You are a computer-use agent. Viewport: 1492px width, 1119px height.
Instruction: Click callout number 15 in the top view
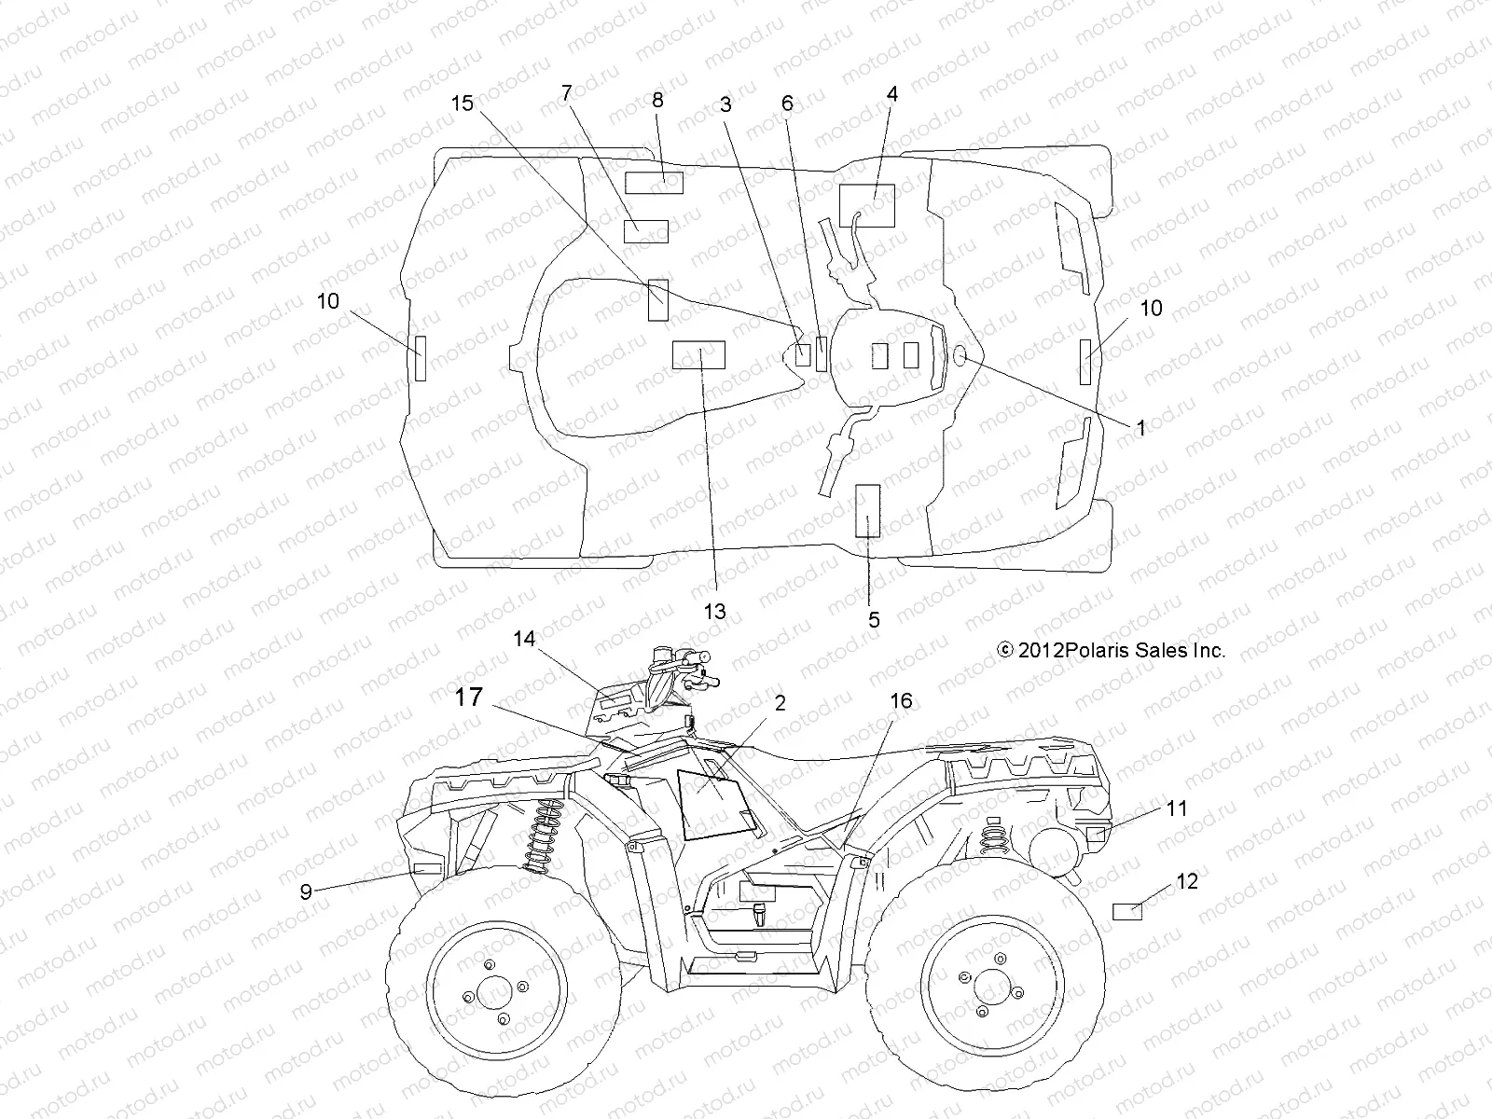click(463, 104)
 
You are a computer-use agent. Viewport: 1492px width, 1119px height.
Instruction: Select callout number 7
click(566, 92)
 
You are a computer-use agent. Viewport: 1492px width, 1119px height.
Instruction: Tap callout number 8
click(657, 100)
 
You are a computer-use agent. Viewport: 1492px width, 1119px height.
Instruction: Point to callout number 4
click(892, 94)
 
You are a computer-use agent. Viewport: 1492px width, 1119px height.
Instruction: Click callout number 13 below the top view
click(714, 612)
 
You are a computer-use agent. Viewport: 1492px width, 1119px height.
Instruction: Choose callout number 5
click(874, 619)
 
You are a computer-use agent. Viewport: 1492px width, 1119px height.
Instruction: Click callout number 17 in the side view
click(469, 697)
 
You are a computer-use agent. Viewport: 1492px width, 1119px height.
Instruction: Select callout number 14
click(524, 639)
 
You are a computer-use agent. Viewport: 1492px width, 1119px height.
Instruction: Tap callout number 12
click(1187, 881)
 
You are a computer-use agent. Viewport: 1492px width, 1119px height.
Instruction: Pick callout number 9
click(306, 891)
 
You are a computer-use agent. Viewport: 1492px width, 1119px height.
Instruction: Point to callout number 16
click(901, 701)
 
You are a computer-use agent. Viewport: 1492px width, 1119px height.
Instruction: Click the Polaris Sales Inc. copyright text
click(1112, 651)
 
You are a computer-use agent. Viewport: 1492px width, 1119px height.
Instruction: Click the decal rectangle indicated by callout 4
click(866, 206)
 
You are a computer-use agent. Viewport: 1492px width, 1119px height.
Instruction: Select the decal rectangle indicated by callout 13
click(698, 355)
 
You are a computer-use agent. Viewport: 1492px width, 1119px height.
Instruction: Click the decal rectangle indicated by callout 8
click(654, 183)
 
